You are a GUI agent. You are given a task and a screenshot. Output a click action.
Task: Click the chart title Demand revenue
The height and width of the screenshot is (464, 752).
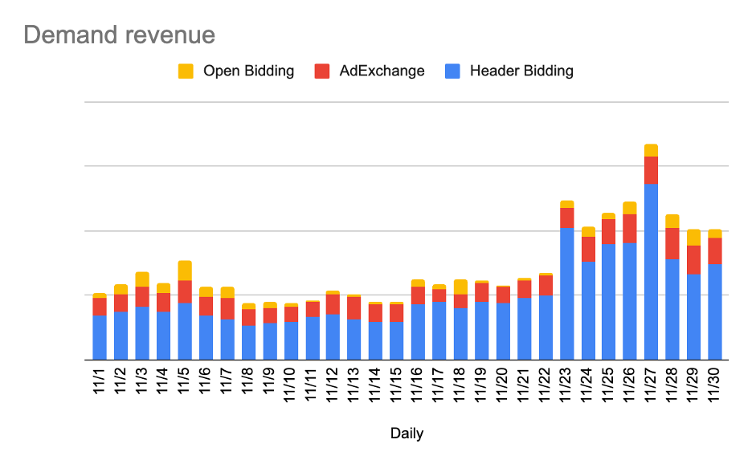119,35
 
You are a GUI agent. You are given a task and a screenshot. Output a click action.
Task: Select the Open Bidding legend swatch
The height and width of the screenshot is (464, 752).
186,71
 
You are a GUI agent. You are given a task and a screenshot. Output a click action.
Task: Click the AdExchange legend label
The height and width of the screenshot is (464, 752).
382,71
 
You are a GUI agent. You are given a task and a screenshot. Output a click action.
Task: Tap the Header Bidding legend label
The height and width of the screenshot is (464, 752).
521,71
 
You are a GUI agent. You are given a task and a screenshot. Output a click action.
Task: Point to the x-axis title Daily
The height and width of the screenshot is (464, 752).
407,433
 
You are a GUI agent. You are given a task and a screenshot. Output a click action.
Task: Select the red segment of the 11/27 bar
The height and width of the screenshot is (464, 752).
651,170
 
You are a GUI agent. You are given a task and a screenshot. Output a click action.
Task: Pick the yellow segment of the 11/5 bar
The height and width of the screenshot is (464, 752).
185,271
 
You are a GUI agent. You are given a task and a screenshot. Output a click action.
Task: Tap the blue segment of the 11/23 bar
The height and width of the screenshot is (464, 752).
566,293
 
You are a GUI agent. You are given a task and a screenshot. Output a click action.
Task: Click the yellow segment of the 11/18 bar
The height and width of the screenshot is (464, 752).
460,287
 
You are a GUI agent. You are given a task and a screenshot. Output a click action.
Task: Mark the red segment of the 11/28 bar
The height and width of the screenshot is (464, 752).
672,243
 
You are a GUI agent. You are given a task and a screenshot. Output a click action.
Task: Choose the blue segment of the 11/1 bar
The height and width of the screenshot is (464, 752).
100,337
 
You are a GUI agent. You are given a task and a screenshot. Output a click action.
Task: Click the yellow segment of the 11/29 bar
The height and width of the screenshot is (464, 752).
693,238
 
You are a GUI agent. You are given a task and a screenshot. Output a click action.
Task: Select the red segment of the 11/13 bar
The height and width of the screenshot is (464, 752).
354,307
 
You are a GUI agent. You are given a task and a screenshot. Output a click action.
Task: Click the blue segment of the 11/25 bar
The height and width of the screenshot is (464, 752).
609,301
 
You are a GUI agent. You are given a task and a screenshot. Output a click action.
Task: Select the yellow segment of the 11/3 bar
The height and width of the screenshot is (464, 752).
142,279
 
